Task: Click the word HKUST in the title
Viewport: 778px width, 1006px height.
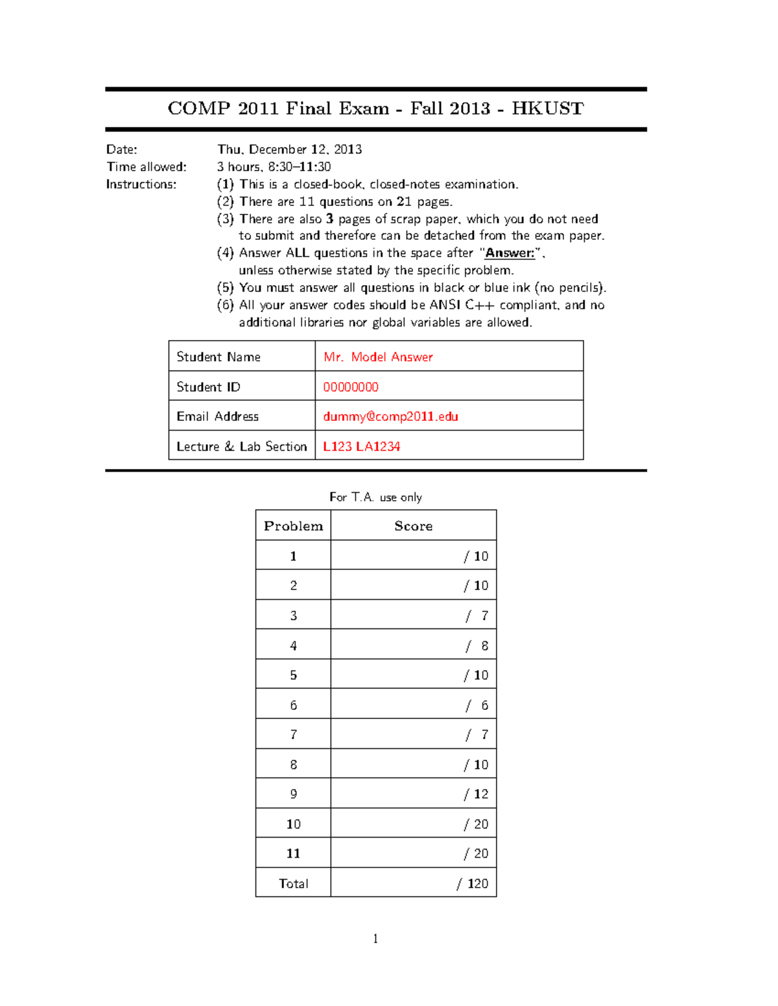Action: pyautogui.click(x=547, y=108)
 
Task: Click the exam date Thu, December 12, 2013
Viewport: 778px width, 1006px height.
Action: pyautogui.click(x=289, y=150)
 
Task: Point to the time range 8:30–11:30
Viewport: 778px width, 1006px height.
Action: pyautogui.click(x=300, y=167)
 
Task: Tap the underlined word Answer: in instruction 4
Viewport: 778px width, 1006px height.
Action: pyautogui.click(x=510, y=253)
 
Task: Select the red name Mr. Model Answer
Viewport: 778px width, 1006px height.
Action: pyautogui.click(x=378, y=357)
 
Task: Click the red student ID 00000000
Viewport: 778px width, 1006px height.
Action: pyautogui.click(x=351, y=387)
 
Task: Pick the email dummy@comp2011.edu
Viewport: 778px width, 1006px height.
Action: pyautogui.click(x=390, y=417)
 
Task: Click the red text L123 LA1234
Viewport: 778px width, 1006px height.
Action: pyautogui.click(x=361, y=446)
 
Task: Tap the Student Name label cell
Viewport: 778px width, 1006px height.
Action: pyautogui.click(x=218, y=357)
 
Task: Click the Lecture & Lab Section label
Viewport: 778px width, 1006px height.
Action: pyautogui.click(x=241, y=446)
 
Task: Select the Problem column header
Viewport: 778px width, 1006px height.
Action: pyautogui.click(x=293, y=526)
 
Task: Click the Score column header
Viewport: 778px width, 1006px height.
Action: pyautogui.click(x=413, y=526)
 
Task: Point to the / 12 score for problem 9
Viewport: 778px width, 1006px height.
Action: pyautogui.click(x=476, y=794)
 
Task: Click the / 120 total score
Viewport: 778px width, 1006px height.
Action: pyautogui.click(x=473, y=884)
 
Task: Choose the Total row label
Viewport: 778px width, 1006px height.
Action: pyautogui.click(x=293, y=884)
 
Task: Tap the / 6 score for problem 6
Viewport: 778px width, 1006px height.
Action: pyautogui.click(x=477, y=705)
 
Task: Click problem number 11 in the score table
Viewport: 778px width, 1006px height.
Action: pyautogui.click(x=293, y=854)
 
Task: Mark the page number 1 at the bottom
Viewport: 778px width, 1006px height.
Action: pyautogui.click(x=375, y=939)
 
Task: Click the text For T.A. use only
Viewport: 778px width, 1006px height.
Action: pyautogui.click(x=375, y=497)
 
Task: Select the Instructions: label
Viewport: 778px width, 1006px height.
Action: pyautogui.click(x=141, y=185)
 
